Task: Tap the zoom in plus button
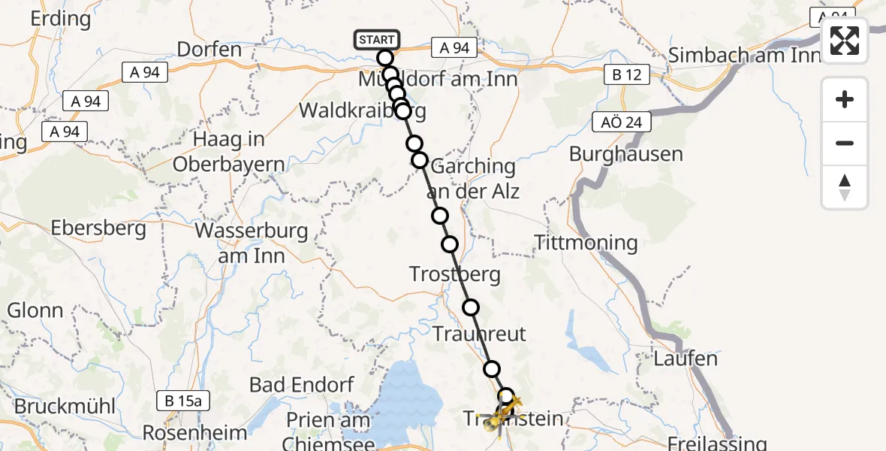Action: coord(845,99)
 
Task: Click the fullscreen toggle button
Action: coord(845,41)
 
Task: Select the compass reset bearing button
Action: coord(845,186)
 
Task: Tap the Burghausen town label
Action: coord(625,154)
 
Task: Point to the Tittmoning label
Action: coord(585,243)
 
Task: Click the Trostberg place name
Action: coord(455,274)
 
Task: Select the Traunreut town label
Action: coord(480,334)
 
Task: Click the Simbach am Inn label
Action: coord(743,55)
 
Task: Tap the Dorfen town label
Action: coord(209,50)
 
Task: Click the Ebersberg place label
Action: coord(98,229)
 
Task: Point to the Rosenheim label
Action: coord(194,433)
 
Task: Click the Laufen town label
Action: coord(686,359)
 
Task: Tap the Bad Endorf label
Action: coord(301,386)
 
